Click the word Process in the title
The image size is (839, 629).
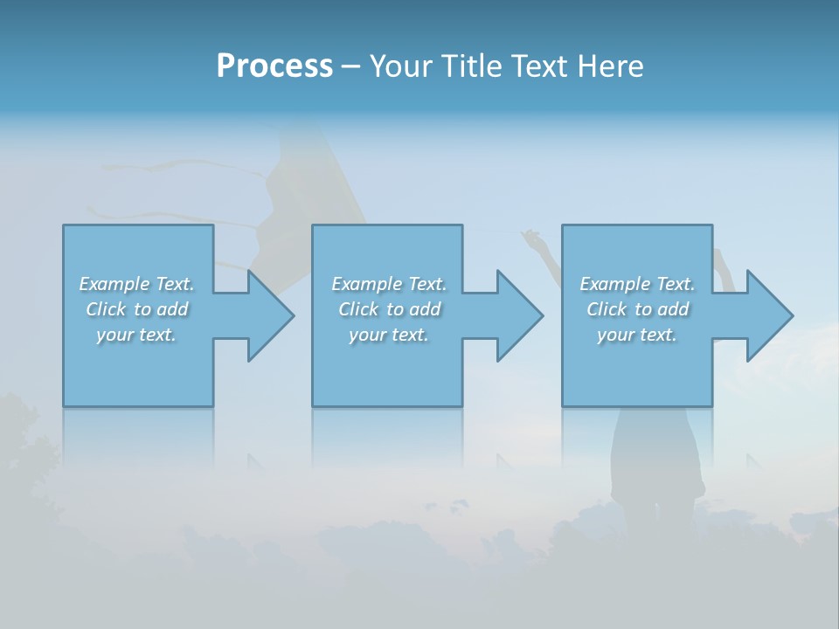(x=274, y=66)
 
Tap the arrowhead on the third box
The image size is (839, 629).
(x=768, y=315)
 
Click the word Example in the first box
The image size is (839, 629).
(x=114, y=284)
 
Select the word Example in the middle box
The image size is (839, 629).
(x=366, y=284)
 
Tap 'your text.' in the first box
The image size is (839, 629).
(x=136, y=335)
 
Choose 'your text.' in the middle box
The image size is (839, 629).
(x=388, y=335)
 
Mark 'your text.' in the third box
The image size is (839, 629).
(x=637, y=335)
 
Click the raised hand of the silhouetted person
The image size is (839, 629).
(x=529, y=236)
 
